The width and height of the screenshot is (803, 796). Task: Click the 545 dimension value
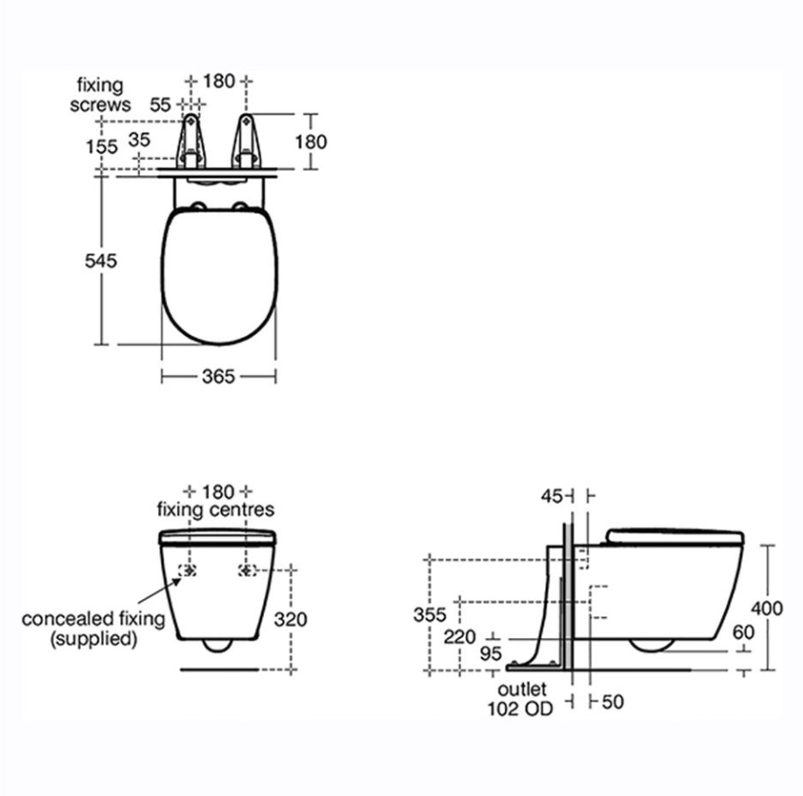coord(101,261)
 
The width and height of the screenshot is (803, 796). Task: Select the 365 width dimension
coord(218,376)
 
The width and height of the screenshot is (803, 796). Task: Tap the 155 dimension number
coord(101,146)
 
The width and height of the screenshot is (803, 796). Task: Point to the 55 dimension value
coord(161,104)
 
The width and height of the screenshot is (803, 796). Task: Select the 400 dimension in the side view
coord(766,608)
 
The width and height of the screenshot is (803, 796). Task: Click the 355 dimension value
coord(430,615)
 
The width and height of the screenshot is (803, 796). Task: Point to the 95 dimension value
coord(490,654)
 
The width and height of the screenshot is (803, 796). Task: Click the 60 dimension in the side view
coord(743,632)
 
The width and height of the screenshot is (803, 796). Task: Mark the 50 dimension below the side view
coord(613,702)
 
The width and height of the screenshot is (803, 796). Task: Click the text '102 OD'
coord(521,709)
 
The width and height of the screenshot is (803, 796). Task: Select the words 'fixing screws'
coord(100,95)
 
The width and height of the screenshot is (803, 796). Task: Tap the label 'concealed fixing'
coord(93,619)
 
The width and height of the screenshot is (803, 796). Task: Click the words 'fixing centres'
coord(216,510)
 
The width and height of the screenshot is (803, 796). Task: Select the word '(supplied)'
coord(93,639)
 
